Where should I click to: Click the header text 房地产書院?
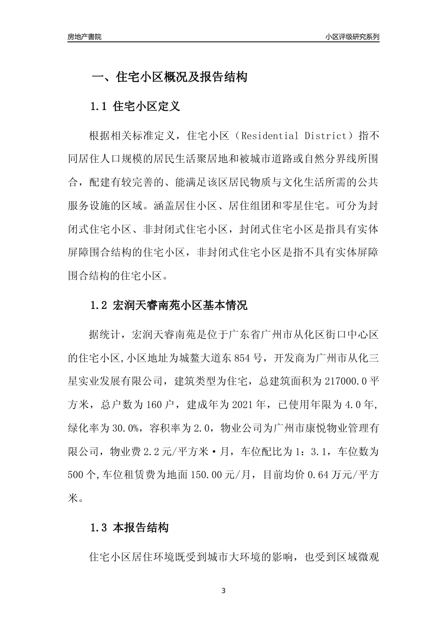tap(84, 37)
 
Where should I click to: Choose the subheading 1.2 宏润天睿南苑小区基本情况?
tap(168, 306)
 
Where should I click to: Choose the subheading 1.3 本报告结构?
tap(129, 528)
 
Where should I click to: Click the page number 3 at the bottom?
tap(223, 591)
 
